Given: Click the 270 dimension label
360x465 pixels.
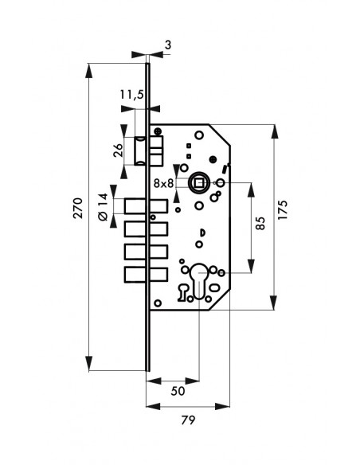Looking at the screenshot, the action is click(78, 208).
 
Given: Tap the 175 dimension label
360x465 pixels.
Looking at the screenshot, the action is click(283, 210).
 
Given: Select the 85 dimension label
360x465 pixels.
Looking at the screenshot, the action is click(260, 223).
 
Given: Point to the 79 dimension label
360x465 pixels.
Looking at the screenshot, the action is click(188, 420).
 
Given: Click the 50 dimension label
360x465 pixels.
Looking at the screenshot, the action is click(178, 391).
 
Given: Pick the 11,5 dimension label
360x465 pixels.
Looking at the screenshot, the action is click(131, 95).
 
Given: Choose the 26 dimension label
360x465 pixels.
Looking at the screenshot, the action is click(119, 150).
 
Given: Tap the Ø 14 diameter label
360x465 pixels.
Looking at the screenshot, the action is click(103, 207).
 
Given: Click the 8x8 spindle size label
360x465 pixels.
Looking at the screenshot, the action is click(163, 184).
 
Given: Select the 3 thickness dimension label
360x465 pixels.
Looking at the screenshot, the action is click(168, 45).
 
